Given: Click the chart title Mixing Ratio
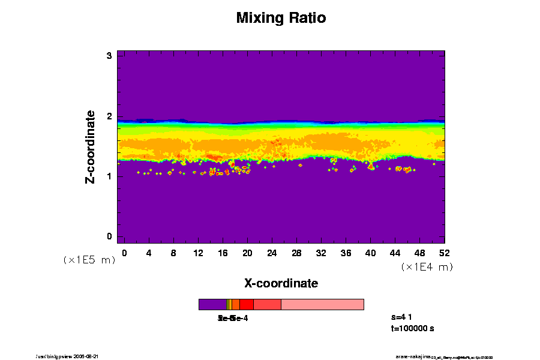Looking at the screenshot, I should (x=281, y=18).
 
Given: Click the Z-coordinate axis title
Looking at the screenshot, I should (x=91, y=146).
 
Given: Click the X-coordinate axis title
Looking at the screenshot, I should (x=281, y=283).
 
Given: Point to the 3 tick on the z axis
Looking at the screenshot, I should (x=110, y=56).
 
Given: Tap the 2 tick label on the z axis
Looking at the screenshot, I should (x=110, y=116).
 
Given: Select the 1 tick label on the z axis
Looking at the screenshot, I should (x=110, y=176).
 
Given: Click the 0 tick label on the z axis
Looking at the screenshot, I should (x=110, y=236).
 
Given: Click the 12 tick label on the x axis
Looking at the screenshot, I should (x=198, y=253).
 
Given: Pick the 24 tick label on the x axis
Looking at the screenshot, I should (x=272, y=253).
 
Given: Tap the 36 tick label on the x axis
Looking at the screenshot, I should (x=346, y=253).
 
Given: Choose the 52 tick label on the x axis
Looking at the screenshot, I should (x=444, y=253).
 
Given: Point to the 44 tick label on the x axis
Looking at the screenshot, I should (x=395, y=253).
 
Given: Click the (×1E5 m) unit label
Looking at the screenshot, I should (x=89, y=260).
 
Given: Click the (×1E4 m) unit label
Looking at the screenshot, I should (x=427, y=267).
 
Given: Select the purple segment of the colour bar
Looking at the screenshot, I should (x=212, y=304).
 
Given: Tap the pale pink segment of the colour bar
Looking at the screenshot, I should (x=322, y=304).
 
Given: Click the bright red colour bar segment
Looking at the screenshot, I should (x=246, y=304).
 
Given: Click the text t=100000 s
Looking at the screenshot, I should (x=412, y=329).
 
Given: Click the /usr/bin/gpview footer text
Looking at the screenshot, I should (x=71, y=356).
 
